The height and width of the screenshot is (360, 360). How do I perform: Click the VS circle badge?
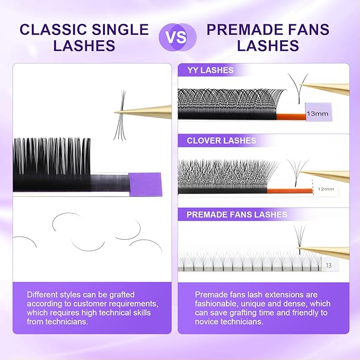(178, 37)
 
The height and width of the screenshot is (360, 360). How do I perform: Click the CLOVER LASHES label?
(221, 141)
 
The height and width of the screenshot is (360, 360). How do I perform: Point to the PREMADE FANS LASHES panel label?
(236, 214)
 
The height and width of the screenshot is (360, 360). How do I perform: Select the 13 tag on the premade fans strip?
(329, 265)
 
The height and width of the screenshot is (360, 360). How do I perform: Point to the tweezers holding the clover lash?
(329, 176)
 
